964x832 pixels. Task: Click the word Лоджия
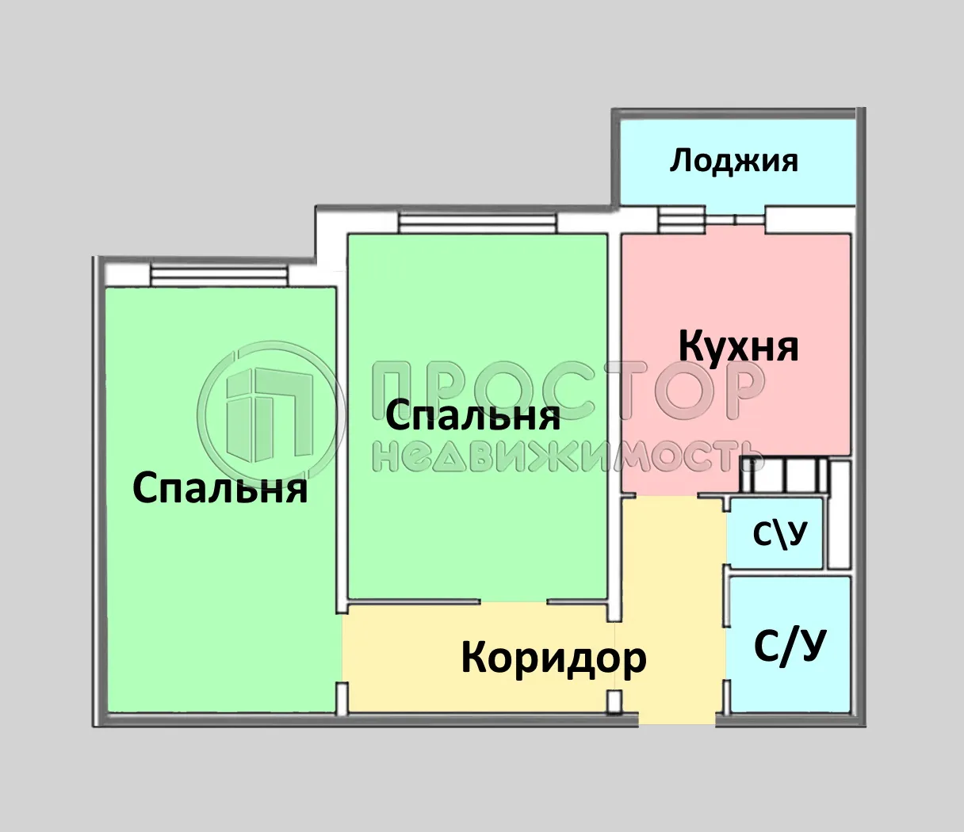coord(734,161)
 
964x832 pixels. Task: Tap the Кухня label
coord(739,346)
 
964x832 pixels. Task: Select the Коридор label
coord(553,657)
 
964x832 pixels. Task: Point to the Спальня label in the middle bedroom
coord(472,415)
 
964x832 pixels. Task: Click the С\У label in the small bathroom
coord(779,535)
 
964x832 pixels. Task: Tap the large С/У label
coord(790,647)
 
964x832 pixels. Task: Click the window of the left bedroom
coord(219,274)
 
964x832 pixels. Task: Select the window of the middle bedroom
coord(477,223)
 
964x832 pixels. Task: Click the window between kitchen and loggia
coord(681,219)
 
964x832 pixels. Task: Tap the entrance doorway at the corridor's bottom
coord(677,718)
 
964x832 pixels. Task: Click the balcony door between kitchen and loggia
coord(735,219)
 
